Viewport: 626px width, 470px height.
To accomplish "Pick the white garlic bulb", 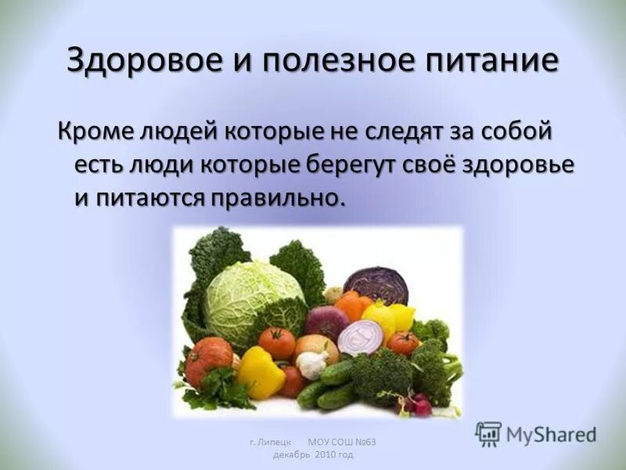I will click(314, 364).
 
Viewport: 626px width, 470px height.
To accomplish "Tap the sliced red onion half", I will click(362, 338).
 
